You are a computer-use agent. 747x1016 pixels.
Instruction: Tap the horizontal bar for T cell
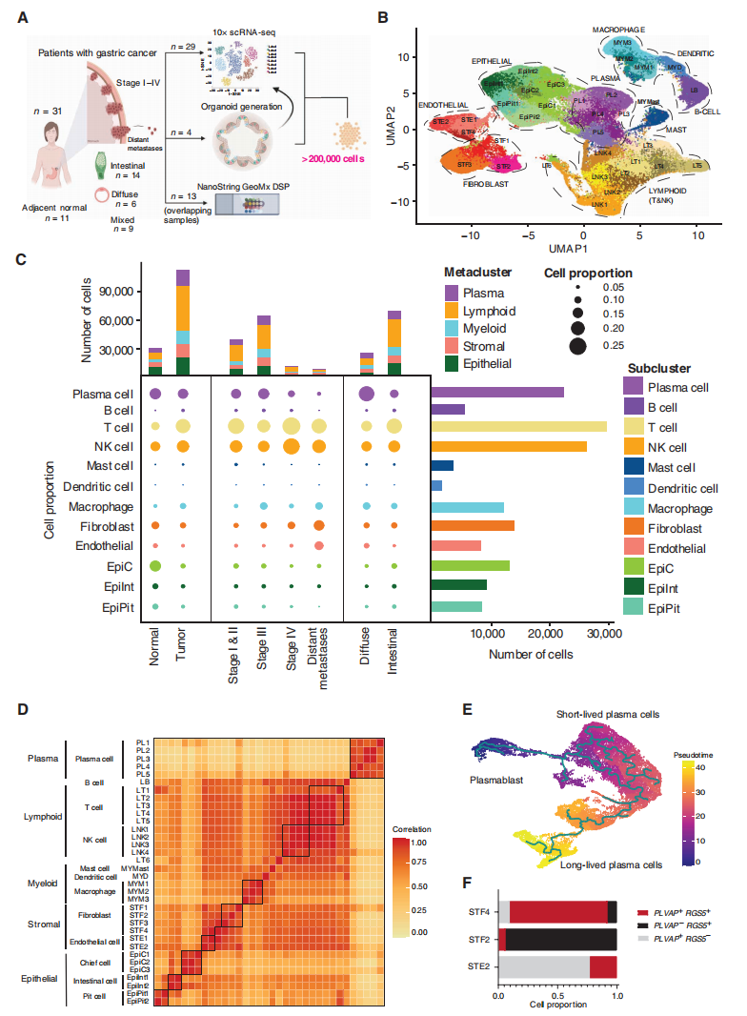[x=518, y=426]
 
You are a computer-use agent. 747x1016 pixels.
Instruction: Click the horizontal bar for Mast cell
[x=442, y=465]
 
